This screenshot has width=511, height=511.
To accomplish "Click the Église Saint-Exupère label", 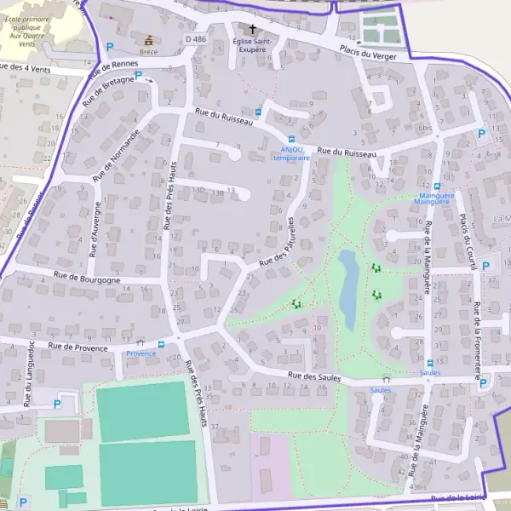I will [251, 44].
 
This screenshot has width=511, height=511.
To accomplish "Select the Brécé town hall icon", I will [149, 39].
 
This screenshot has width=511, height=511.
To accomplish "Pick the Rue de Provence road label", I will [78, 347].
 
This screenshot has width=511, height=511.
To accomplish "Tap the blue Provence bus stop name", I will [141, 353].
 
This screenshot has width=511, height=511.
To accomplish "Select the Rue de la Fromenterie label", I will [479, 341].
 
